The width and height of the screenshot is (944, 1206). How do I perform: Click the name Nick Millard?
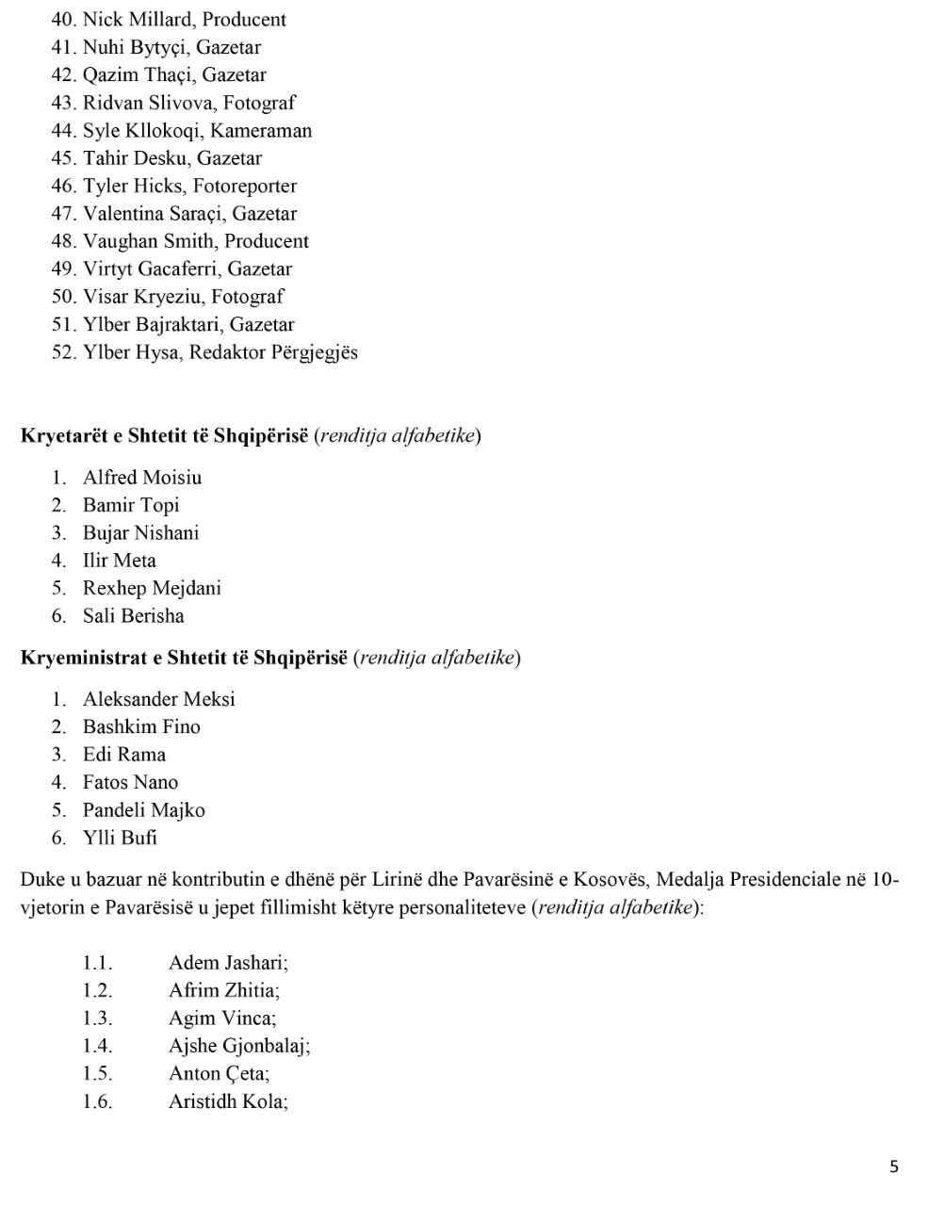tap(137, 19)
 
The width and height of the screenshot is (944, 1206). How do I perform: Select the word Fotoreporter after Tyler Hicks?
tap(245, 186)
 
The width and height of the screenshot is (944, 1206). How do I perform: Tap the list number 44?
tap(62, 131)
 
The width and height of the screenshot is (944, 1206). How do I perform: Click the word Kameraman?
tap(264, 131)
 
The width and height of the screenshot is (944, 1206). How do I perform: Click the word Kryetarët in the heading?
tap(64, 436)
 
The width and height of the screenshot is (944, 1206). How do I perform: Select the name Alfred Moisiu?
tap(142, 478)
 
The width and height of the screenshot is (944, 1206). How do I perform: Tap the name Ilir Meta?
tap(120, 561)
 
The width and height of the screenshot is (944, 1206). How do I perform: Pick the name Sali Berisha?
tap(134, 616)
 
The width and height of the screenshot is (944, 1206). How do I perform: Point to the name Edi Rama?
tap(124, 755)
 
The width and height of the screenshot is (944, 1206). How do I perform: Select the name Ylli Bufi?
tap(121, 838)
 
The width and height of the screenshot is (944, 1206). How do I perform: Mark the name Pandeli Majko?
tap(144, 810)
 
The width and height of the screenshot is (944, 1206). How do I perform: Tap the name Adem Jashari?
tap(227, 963)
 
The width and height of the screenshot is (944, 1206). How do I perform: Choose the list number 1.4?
tap(97, 1046)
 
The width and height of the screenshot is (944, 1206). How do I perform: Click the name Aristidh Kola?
tap(227, 1101)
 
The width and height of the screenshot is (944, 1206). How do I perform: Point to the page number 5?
tap(894, 1167)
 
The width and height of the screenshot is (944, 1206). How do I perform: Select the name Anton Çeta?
tap(218, 1073)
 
